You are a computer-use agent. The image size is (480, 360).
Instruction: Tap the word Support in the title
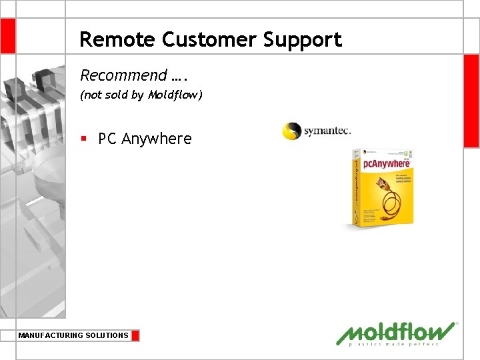tap(302, 41)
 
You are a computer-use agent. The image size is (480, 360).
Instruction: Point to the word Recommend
tap(123, 75)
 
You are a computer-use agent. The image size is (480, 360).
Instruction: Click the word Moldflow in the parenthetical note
tap(175, 95)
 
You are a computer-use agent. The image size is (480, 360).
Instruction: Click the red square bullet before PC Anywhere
tap(83, 139)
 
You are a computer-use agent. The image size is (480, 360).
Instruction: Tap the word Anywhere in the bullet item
tap(156, 139)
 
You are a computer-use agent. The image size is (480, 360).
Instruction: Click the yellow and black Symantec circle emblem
tap(292, 131)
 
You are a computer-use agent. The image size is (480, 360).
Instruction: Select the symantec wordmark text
tap(327, 131)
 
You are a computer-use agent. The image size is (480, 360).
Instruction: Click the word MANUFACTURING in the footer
tap(51, 335)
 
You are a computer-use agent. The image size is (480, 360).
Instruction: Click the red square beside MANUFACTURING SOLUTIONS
tap(135, 335)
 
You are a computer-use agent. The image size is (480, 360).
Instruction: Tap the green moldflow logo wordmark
tap(396, 331)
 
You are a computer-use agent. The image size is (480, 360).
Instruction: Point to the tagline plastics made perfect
tap(395, 344)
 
